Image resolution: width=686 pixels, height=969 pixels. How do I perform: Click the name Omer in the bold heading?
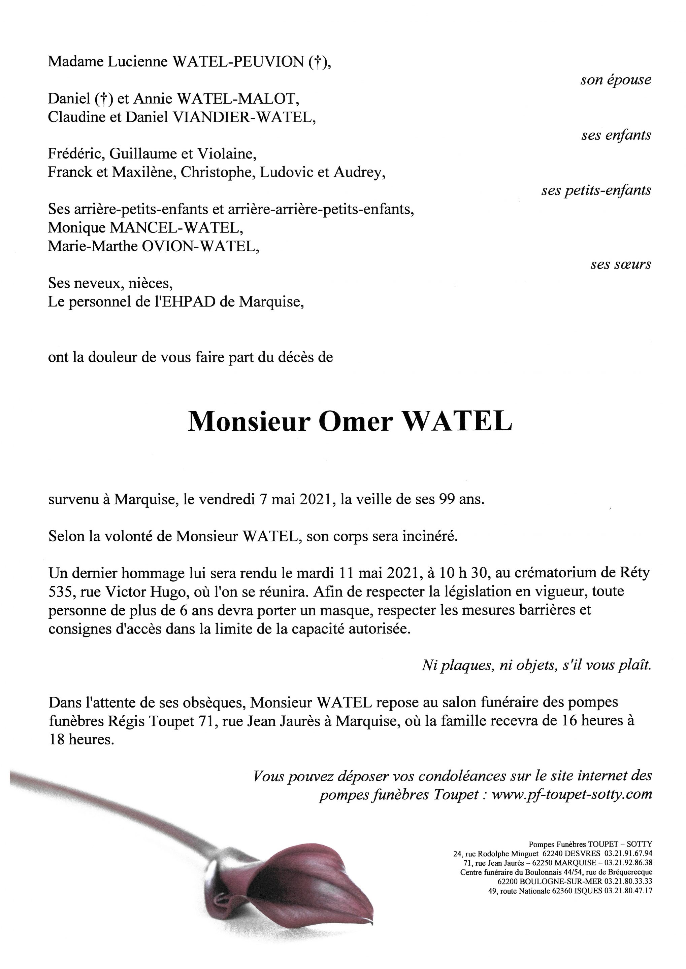tap(355, 421)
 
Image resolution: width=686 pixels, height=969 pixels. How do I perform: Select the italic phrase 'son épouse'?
tap(616, 80)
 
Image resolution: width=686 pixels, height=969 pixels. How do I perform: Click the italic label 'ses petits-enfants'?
tap(596, 190)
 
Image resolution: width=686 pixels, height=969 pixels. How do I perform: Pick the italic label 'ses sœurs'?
tap(621, 264)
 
